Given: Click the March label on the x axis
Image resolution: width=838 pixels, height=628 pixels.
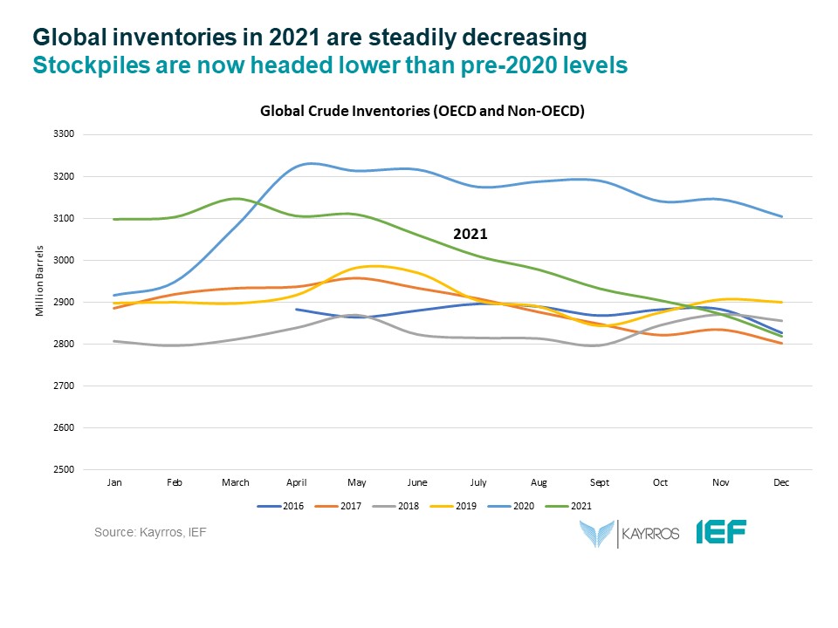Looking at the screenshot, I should click(x=236, y=482).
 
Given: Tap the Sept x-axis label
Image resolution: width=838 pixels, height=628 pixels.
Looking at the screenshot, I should click(x=600, y=482).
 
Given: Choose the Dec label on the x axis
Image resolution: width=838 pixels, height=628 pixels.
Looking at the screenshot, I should click(x=782, y=482).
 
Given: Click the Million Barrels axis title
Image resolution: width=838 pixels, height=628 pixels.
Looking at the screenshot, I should click(x=40, y=301).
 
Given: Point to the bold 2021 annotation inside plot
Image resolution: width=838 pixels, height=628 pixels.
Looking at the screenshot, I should click(x=470, y=235).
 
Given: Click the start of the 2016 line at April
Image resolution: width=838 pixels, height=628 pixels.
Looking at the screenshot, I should click(x=297, y=309).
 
